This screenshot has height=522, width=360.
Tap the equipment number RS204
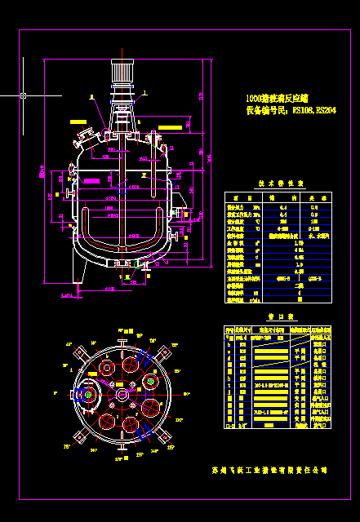[325, 108]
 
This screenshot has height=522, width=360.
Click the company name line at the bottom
[269, 471]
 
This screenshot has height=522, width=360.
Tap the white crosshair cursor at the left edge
[23, 95]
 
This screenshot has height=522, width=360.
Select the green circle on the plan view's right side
[151, 381]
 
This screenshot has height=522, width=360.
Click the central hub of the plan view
[122, 396]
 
